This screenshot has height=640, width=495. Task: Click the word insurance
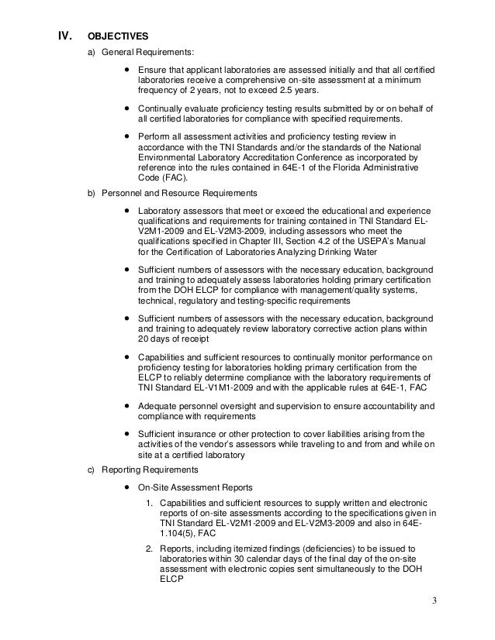click(199, 435)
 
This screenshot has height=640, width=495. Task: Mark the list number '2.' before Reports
click(152, 549)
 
